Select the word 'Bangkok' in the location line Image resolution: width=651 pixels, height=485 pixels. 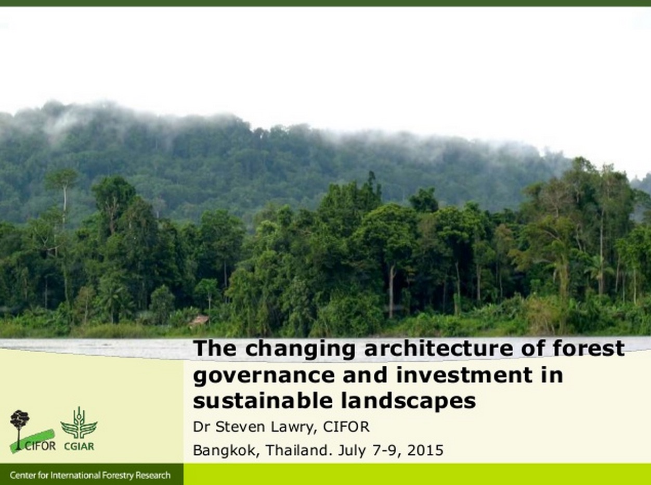(224, 450)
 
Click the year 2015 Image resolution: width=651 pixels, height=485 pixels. (425, 450)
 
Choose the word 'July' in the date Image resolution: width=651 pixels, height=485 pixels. (351, 451)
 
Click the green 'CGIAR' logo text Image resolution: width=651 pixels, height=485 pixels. (79, 446)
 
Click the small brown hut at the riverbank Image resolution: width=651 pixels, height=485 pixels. (199, 320)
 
